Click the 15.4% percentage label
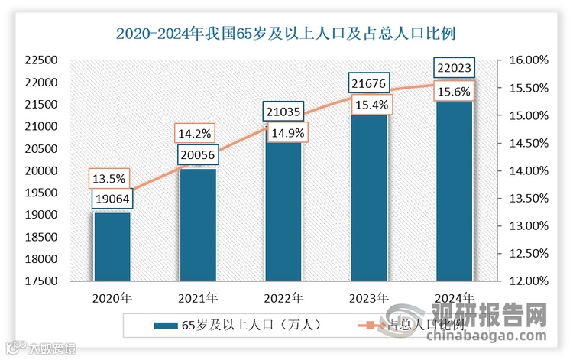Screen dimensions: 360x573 pos(369,103)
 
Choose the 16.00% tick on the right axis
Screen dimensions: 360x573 pos(525,60)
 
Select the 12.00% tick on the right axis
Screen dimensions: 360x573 pos(525,281)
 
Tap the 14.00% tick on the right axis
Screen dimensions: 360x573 pos(525,171)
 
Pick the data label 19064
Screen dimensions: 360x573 pos(112,199)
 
